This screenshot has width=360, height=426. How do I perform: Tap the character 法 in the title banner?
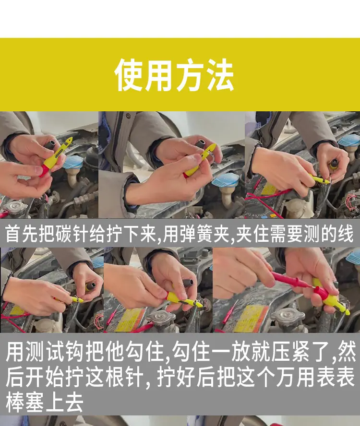tap(220, 75)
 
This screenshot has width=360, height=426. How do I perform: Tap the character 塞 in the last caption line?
tap(34, 402)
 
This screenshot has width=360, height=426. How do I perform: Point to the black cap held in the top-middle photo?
tap(202, 144)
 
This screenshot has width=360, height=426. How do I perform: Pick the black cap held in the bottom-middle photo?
tap(187, 283)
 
